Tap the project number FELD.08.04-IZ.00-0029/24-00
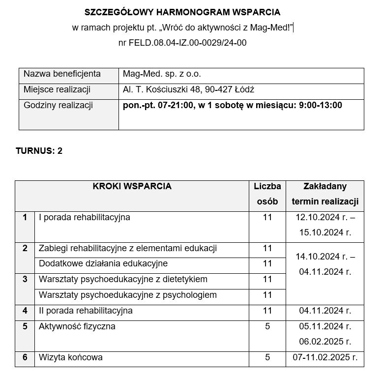182,43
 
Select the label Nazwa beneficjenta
62,74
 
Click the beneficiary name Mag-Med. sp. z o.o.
162,74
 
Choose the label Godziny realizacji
58,105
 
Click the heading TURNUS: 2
39,151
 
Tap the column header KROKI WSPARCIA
132,186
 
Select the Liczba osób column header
267,194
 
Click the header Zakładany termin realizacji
325,194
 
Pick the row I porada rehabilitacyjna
85,217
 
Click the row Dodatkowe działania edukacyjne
103,264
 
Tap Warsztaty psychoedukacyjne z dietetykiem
123,279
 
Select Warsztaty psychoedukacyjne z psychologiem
128,295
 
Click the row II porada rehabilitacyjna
86,311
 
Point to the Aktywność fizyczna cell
77,326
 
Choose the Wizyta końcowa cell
71,357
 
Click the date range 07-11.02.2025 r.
325,357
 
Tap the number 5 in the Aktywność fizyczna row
267,326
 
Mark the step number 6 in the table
25,357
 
